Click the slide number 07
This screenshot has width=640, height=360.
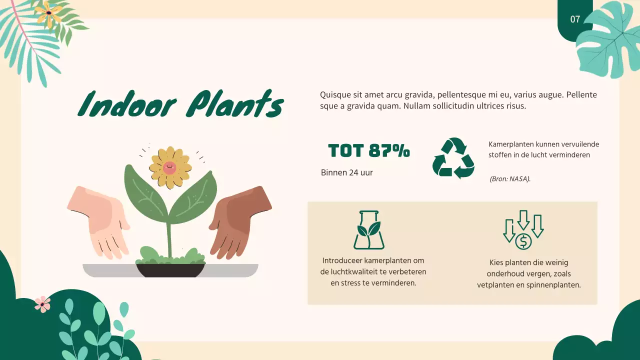575,19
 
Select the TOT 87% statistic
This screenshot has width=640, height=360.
369,150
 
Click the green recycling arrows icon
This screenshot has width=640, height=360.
453,158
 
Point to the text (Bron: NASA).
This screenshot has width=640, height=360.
510,178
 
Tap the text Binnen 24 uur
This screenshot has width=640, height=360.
347,172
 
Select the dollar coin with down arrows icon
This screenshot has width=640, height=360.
523,230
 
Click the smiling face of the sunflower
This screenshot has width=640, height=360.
169,167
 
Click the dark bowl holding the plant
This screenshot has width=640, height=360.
170,270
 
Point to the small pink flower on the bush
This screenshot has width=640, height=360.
42,304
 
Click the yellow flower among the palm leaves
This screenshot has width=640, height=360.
48,13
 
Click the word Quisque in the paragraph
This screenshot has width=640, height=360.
335,95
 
